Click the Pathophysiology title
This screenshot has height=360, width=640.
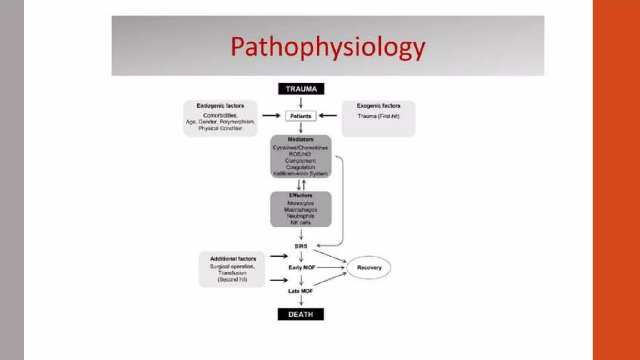coord(328,47)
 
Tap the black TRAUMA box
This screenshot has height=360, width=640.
coord(301,89)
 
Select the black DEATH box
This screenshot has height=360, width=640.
coord(301,314)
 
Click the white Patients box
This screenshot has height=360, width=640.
coord(301,116)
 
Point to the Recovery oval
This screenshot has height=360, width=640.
coord(369,267)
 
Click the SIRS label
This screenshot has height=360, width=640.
coord(301,246)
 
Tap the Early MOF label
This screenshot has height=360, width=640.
coord(302,267)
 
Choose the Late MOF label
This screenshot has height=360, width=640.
coord(300,291)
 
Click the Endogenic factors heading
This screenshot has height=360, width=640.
coord(220,106)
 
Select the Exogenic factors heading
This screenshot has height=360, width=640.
coord(378,106)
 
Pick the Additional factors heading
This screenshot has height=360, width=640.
coord(233,259)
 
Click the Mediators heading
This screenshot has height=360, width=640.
coord(301,139)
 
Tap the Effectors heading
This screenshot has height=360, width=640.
coord(301,195)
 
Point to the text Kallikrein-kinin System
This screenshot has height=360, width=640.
coord(301,173)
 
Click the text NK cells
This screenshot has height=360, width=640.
coord(301,222)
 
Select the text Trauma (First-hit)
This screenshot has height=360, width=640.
coord(378,116)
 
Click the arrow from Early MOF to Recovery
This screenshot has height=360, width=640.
coord(331,267)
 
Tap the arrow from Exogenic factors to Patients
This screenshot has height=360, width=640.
coord(328,116)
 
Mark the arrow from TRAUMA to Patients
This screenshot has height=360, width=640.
coord(301,102)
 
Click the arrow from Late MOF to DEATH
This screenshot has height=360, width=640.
coord(301,300)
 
